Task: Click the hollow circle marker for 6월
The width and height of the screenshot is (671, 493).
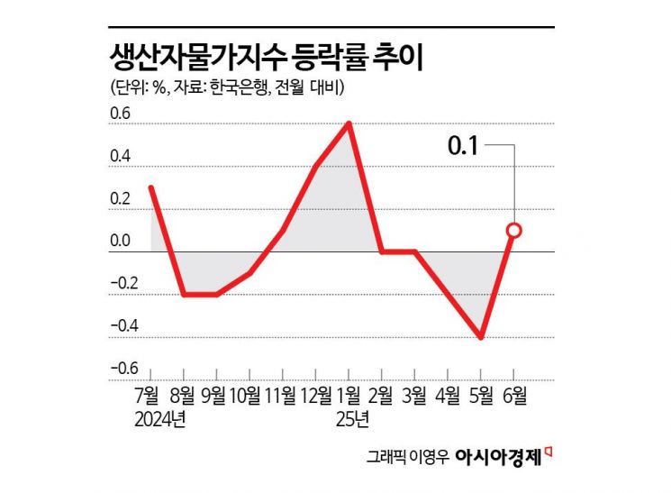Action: click(x=514, y=230)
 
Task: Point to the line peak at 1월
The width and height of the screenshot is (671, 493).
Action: click(x=348, y=123)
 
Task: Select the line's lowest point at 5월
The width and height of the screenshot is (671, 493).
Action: click(x=481, y=338)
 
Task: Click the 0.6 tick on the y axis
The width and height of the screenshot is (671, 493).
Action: click(x=120, y=114)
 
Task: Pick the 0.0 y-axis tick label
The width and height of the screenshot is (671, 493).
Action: click(x=120, y=241)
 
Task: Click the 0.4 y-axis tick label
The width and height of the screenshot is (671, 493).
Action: click(x=120, y=156)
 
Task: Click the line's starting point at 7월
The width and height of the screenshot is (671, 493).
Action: click(x=150, y=187)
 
